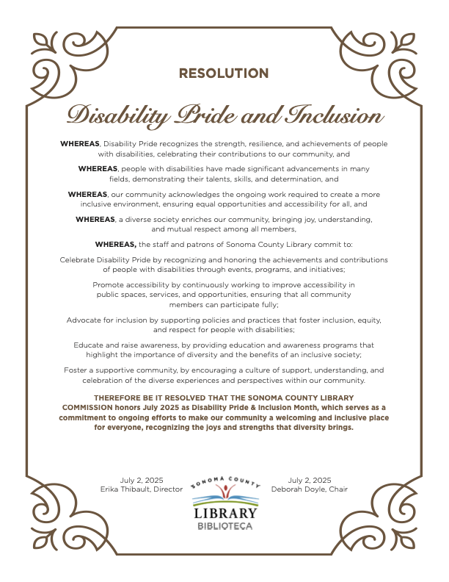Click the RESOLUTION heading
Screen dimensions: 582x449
[224, 73]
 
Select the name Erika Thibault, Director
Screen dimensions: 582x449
[141, 489]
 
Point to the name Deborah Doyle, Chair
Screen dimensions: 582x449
[309, 489]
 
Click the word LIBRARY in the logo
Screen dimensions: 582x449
[225, 513]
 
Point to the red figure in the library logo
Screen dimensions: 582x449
[225, 491]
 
